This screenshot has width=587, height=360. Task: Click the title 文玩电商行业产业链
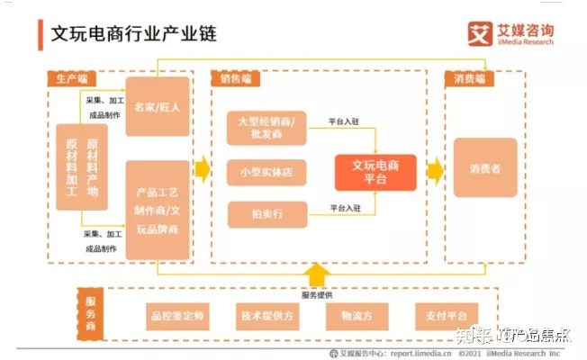click(133, 33)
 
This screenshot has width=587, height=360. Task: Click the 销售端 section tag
click(236, 78)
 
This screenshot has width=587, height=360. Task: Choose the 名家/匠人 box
click(158, 107)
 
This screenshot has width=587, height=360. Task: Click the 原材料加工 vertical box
click(72, 167)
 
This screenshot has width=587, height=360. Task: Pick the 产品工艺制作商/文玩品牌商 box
click(158, 210)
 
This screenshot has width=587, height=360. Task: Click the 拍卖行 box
click(266, 213)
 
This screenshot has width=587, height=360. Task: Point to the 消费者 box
click(484, 167)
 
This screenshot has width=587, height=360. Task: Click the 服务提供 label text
click(319, 294)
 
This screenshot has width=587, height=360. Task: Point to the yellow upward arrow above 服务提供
click(318, 274)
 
